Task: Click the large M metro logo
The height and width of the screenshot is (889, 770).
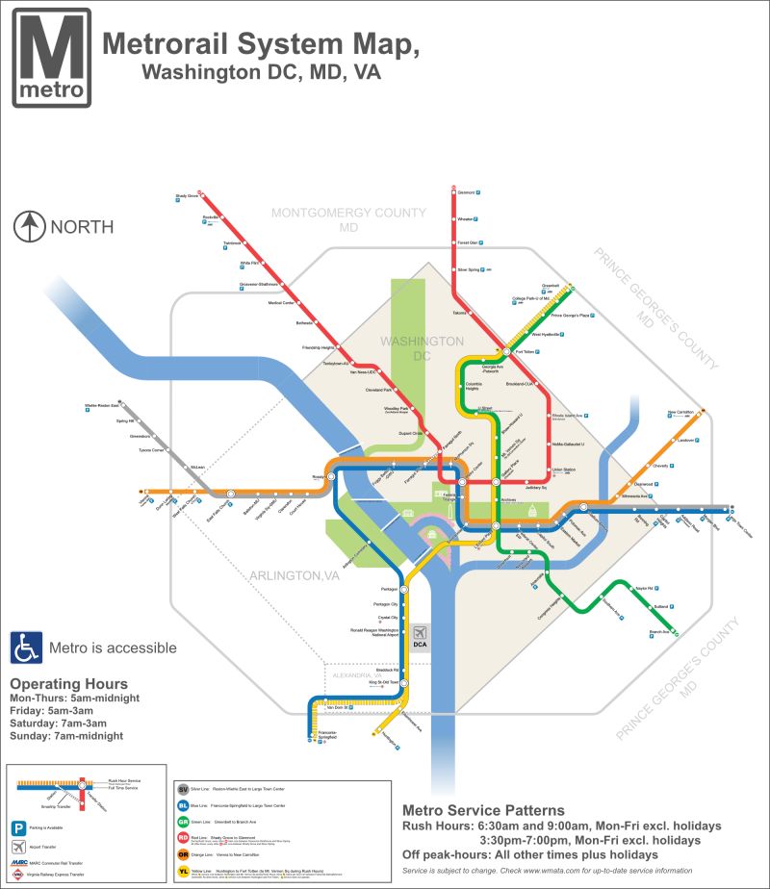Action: point(52,57)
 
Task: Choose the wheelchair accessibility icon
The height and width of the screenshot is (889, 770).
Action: point(24,647)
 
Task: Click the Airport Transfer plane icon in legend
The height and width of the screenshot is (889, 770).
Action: point(18,847)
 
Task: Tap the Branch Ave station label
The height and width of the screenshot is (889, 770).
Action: point(659,631)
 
